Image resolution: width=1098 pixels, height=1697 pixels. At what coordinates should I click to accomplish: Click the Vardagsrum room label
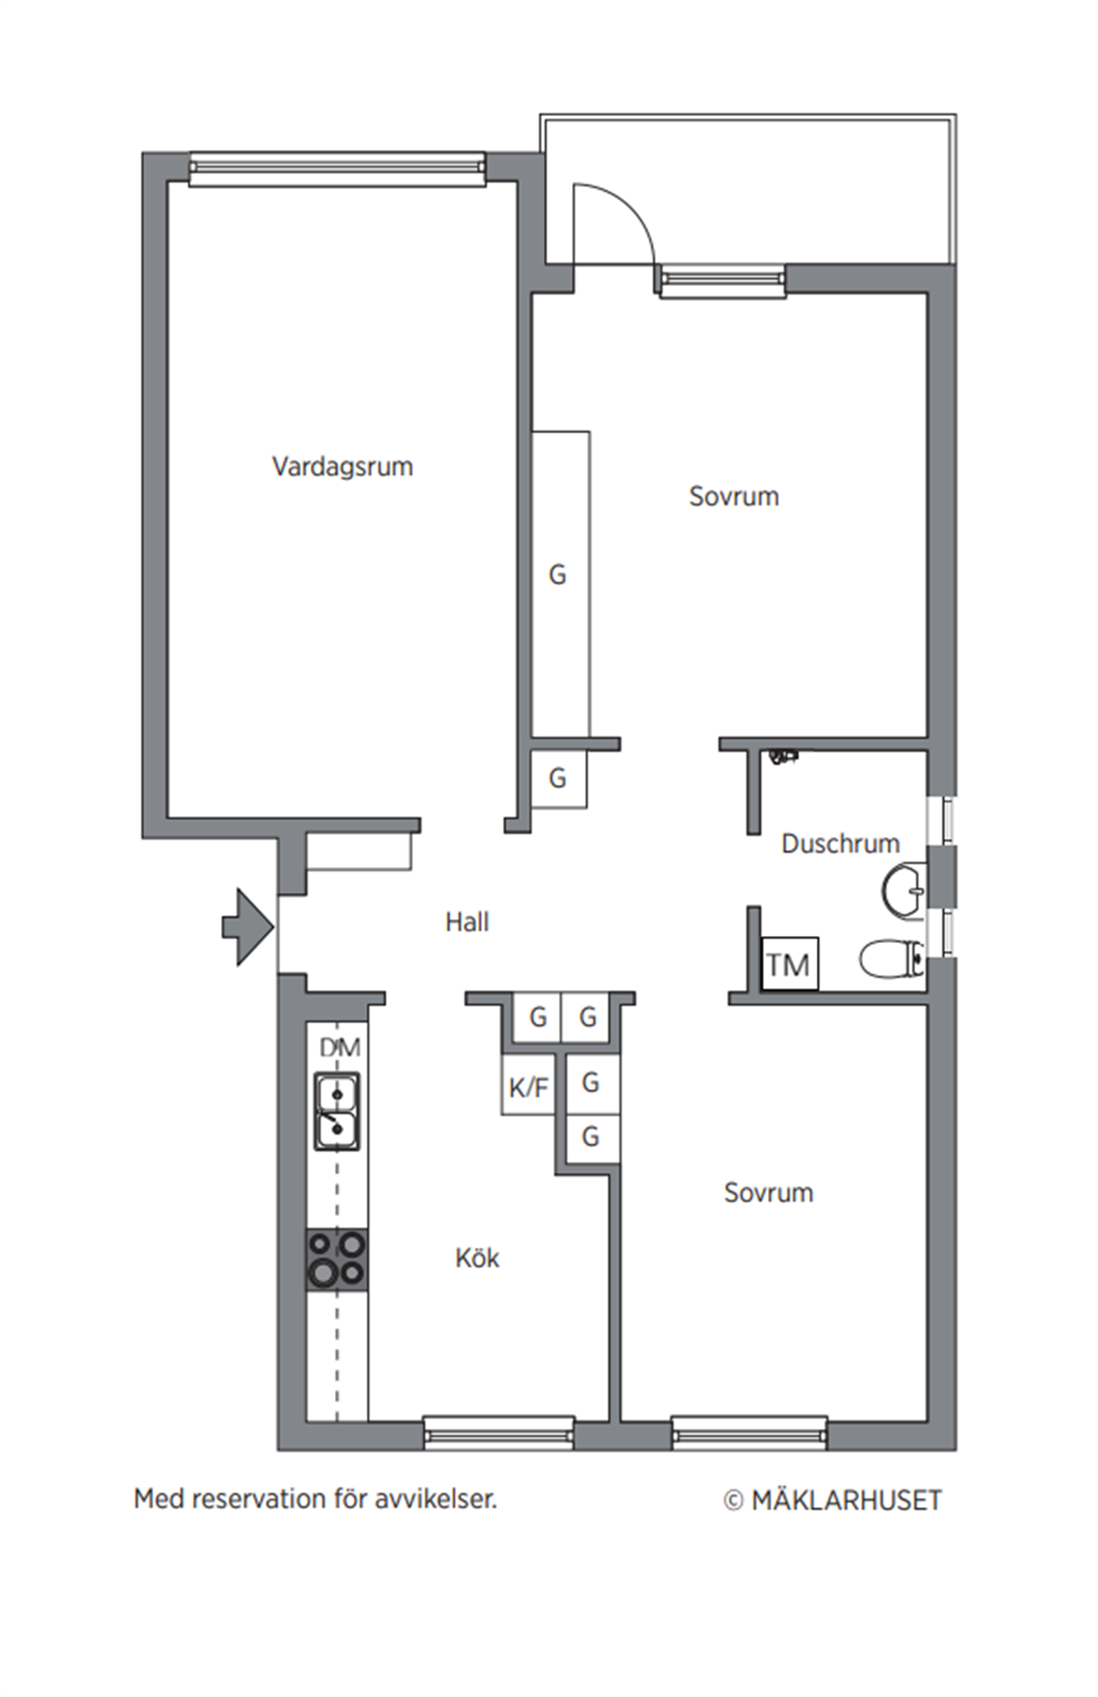(x=342, y=467)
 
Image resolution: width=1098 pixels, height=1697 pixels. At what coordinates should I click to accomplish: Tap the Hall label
(x=467, y=922)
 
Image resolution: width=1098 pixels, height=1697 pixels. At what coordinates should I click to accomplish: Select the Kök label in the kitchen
(x=477, y=1258)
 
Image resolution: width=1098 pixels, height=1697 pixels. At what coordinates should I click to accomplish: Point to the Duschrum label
(x=840, y=843)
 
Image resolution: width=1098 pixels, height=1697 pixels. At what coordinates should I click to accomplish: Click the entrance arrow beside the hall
(x=248, y=926)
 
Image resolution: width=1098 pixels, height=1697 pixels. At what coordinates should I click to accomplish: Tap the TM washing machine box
(x=789, y=963)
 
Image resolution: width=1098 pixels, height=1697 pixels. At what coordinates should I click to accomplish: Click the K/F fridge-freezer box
(x=529, y=1084)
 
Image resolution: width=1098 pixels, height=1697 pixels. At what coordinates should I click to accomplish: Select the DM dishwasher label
(x=339, y=1047)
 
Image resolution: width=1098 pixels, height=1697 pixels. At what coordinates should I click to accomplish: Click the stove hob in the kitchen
(x=337, y=1259)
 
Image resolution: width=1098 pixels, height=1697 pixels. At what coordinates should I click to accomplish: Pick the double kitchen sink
(x=337, y=1111)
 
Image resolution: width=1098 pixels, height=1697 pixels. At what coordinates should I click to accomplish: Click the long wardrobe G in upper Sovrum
(x=560, y=584)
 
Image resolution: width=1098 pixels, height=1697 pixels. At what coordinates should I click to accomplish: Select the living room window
(x=338, y=169)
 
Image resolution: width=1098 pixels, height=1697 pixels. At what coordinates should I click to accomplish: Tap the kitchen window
(x=499, y=1433)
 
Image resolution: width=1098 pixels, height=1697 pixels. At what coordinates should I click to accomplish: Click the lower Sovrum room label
(x=768, y=1192)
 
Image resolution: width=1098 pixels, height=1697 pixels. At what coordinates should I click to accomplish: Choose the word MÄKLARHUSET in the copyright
(x=846, y=1500)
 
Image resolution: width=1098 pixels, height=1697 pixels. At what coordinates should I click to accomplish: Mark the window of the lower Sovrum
(x=750, y=1433)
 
